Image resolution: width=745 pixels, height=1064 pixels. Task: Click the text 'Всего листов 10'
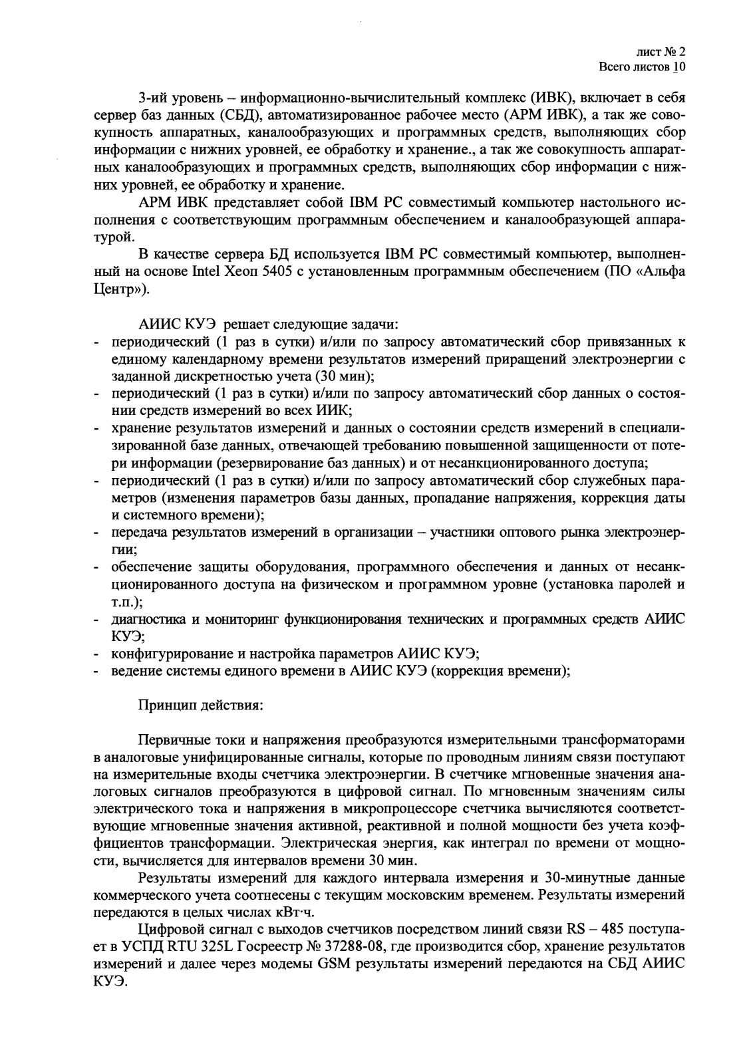(x=642, y=67)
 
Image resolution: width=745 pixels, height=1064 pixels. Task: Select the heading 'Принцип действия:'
(x=201, y=706)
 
